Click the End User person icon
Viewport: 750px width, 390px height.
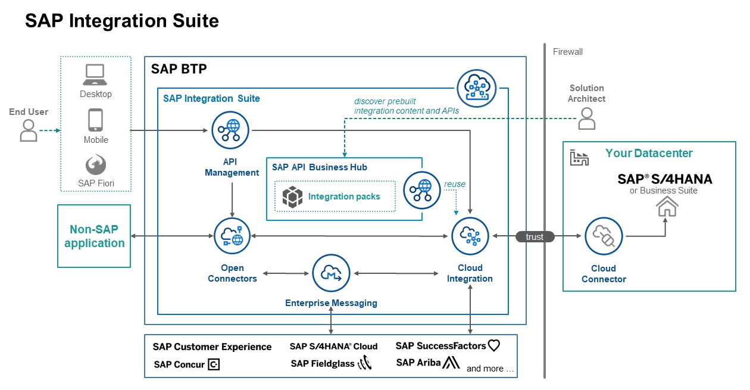[x=29, y=130]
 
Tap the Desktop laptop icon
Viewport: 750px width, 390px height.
[x=95, y=75]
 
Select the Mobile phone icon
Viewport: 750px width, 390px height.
[x=95, y=120]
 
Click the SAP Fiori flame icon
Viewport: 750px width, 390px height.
[x=95, y=165]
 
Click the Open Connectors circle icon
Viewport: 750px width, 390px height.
[x=232, y=236]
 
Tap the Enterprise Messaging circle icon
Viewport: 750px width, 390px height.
[x=330, y=273]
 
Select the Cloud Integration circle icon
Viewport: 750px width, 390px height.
[x=470, y=236]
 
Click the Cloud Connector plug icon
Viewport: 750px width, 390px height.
[x=603, y=236]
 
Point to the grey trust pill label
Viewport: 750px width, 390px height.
[x=535, y=237]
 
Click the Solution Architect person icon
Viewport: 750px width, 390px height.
[x=587, y=120]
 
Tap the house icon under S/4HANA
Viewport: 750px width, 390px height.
[x=667, y=206]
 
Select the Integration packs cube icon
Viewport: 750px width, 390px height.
[x=292, y=197]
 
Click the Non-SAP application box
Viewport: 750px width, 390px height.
[x=94, y=236]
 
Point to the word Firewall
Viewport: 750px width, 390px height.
[x=567, y=52]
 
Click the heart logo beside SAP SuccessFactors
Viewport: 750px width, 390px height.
[x=493, y=345]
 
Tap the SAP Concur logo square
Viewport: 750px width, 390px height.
[x=214, y=364]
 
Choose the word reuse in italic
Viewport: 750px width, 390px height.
[x=455, y=185]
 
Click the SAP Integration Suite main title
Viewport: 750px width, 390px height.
[x=122, y=21]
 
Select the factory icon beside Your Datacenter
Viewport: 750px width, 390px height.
[x=579, y=157]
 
